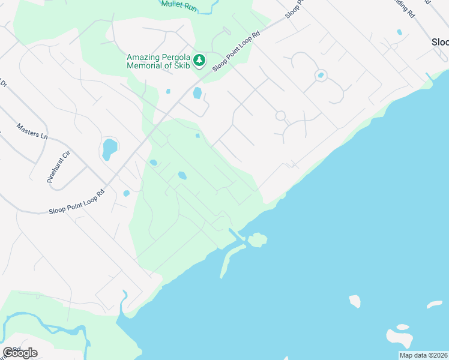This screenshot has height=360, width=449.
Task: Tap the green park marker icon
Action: pyautogui.click(x=200, y=61)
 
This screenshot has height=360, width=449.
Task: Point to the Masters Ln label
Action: pyautogui.click(x=32, y=131)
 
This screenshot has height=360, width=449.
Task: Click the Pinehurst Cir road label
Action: pyautogui.click(x=59, y=166)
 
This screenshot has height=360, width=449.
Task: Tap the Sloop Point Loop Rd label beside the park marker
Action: pyautogui.click(x=237, y=49)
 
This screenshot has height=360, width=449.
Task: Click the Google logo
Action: pyautogui.click(x=20, y=353)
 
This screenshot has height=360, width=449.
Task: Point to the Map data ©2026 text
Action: pyautogui.click(x=423, y=355)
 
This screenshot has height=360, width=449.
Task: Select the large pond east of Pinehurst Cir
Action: pyautogui.click(x=109, y=148)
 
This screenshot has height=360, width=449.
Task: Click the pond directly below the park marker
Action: pyautogui.click(x=197, y=93)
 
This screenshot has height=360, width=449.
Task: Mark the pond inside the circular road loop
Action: pyautogui.click(x=321, y=76)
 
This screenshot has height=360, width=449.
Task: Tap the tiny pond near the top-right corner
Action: pyautogui.click(x=399, y=32)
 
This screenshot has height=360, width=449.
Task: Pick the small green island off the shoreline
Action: pyautogui.click(x=258, y=240)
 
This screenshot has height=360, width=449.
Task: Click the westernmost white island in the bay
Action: pyautogui.click(x=355, y=301)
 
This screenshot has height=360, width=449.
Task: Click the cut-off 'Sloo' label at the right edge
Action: pyautogui.click(x=440, y=43)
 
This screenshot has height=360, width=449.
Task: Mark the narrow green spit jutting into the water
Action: pyautogui.click(x=229, y=262)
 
